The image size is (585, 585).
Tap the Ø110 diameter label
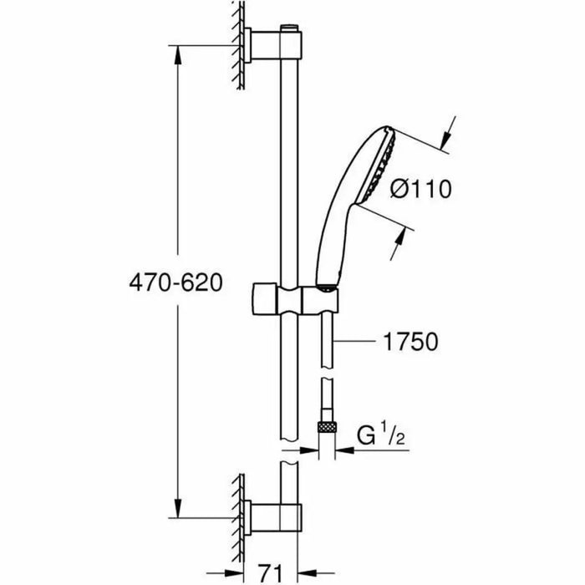click(x=421, y=190)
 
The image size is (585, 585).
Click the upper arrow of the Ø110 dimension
click(x=450, y=134)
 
